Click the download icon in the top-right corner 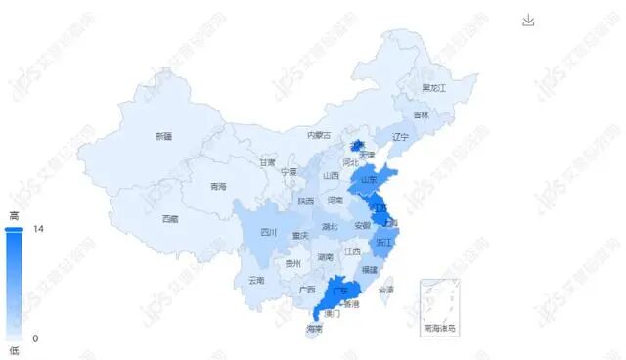click(x=529, y=21)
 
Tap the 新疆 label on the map click(x=164, y=136)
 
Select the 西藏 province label click(x=170, y=218)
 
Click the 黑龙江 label click(x=433, y=88)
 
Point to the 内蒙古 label click(x=319, y=135)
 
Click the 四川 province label click(x=269, y=232)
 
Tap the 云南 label click(x=256, y=280)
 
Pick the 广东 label click(x=341, y=291)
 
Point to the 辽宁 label click(x=399, y=137)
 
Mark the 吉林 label click(x=421, y=115)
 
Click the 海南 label click(x=314, y=329)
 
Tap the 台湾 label click(x=386, y=291)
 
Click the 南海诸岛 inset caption click(x=439, y=329)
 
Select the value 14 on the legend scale click(x=39, y=229)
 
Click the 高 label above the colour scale click(x=14, y=215)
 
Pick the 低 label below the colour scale click(x=14, y=350)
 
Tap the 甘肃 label click(x=267, y=163)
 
